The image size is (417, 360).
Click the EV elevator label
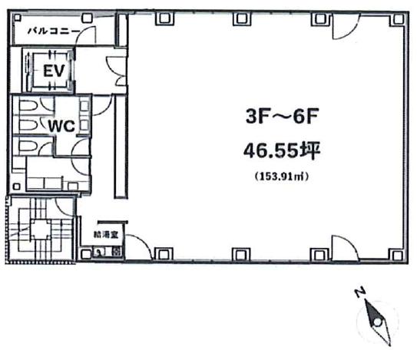pos(54,71)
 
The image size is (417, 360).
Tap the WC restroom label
pos(61,126)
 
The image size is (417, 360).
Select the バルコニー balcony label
pos(55,31)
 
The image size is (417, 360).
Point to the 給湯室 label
pos(106,235)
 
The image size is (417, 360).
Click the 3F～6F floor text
pos(282,117)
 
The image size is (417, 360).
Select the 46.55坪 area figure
pos(282,150)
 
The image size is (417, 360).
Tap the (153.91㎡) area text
pos(282,177)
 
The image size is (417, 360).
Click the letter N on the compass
pos(360,292)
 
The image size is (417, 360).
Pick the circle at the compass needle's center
pos(377,322)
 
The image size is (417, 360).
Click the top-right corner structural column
pos(398,19)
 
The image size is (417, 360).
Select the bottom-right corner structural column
pos(396,256)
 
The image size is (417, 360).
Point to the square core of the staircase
pos(40,229)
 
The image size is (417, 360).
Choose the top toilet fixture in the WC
pos(28,106)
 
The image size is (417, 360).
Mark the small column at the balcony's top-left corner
pos(18,18)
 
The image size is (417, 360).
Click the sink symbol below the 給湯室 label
pos(98,252)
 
